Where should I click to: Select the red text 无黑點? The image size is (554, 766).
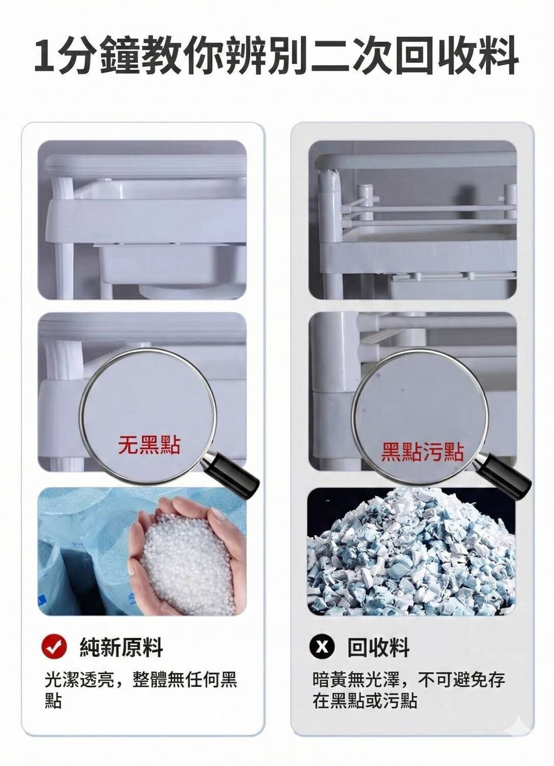pos(149,445)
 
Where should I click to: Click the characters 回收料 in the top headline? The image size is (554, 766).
pos(457,56)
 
